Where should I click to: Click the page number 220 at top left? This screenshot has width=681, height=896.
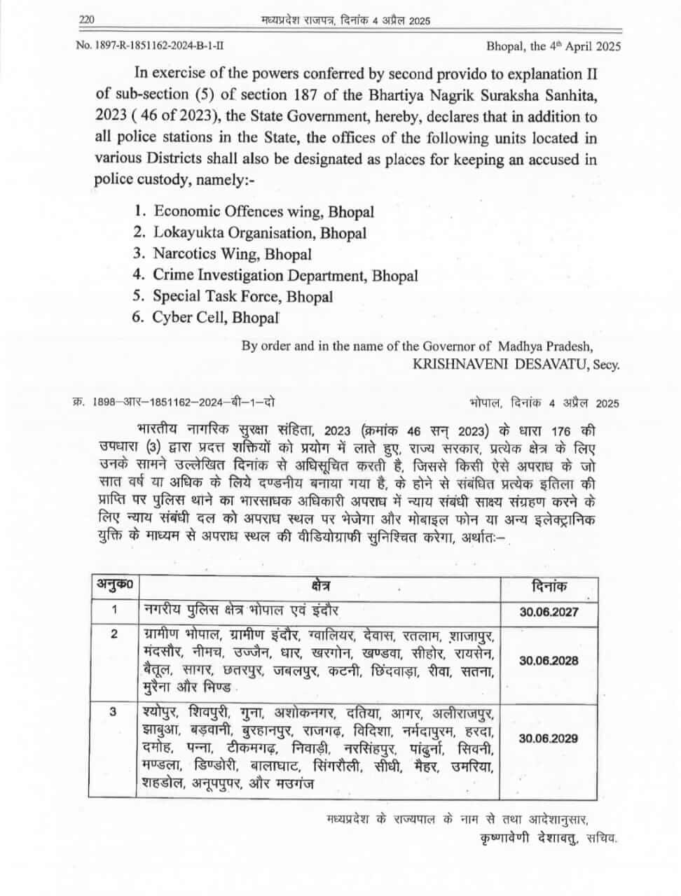point(87,20)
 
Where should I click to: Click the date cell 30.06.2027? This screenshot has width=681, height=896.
point(549,612)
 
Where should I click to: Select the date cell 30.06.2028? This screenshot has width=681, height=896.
point(549,661)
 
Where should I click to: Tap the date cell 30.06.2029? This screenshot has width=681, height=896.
point(549,738)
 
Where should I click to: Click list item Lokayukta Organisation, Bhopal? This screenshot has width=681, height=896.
point(259,232)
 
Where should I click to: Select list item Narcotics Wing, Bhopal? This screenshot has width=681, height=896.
point(232,254)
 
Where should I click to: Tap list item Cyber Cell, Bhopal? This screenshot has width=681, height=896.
point(215,317)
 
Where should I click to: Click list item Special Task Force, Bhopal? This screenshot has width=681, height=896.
point(242,296)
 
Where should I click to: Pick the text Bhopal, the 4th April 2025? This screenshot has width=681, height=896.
point(553,46)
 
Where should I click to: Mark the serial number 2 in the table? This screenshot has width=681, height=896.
point(114,634)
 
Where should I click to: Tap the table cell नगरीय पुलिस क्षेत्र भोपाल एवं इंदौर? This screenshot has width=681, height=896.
point(241,610)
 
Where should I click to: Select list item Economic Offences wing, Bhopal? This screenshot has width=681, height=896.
point(263,211)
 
